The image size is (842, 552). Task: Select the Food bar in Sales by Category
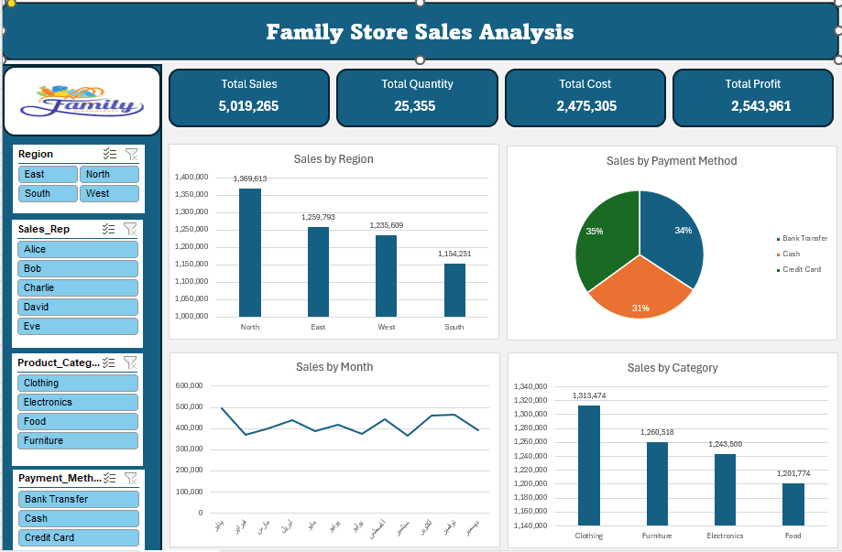pyautogui.click(x=793, y=503)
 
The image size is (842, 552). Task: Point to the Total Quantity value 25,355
pyautogui.click(x=417, y=106)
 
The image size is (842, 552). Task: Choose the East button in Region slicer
pyautogui.click(x=48, y=174)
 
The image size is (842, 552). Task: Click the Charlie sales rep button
pyautogui.click(x=78, y=287)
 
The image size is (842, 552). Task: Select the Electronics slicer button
pyautogui.click(x=78, y=402)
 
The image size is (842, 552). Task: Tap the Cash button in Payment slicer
pyautogui.click(x=78, y=518)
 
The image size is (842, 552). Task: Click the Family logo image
pyautogui.click(x=82, y=100)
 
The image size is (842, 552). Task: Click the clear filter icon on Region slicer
pyautogui.click(x=130, y=154)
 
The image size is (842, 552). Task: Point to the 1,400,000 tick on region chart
pyautogui.click(x=191, y=177)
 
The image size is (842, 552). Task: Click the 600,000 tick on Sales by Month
pyautogui.click(x=189, y=385)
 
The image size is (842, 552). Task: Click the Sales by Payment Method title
pyautogui.click(x=671, y=160)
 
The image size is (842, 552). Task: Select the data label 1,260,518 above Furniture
pyautogui.click(x=657, y=432)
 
